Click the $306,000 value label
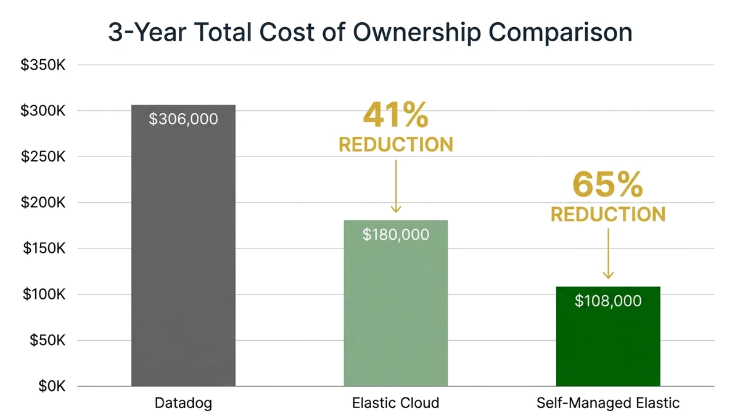pos(183,119)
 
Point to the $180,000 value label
pos(395,234)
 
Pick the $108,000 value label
pos(608,301)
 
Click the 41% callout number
pos(395,115)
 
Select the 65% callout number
pos(608,184)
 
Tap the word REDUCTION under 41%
pos(395,145)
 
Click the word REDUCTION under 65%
pos(608,214)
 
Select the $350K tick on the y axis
pos(43,65)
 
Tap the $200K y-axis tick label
pos(43,203)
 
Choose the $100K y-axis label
pos(43,295)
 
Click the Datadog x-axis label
pos(183,404)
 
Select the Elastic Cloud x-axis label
pos(395,404)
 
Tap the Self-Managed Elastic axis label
pos(608,404)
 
